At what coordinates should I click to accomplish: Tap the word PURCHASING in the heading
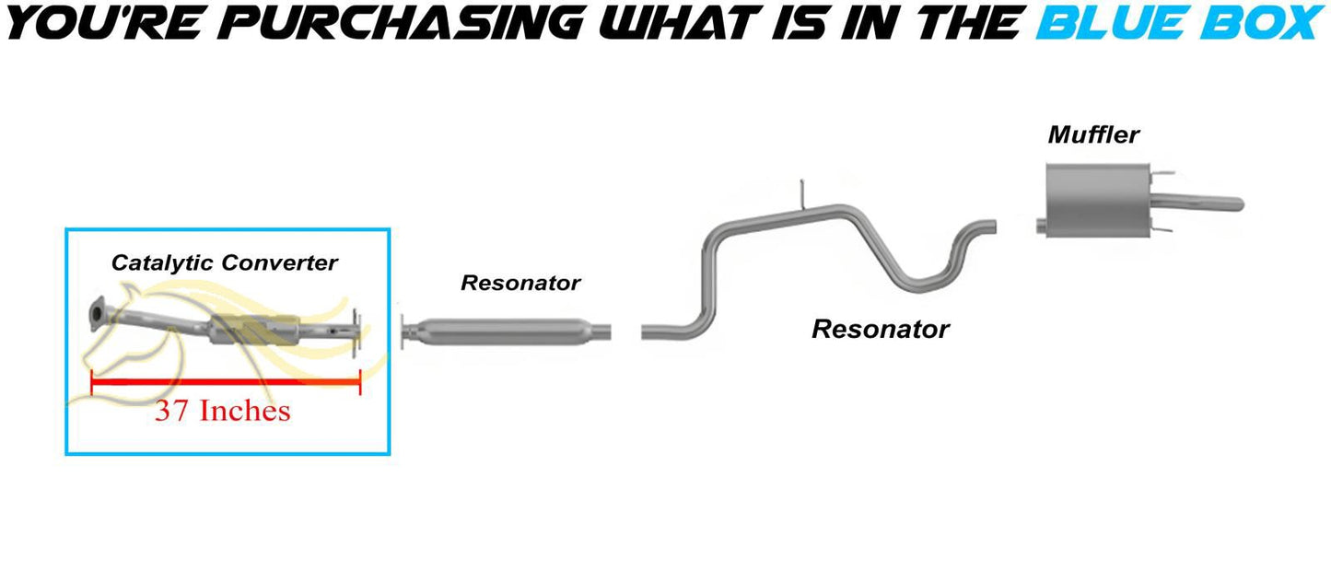click(403, 23)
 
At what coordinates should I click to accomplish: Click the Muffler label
click(1093, 134)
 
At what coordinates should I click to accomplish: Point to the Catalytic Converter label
click(224, 262)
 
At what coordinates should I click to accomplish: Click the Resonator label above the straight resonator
click(520, 283)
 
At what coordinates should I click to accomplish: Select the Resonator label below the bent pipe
click(880, 329)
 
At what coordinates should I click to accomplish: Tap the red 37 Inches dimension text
click(223, 411)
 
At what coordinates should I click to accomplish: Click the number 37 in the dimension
click(171, 411)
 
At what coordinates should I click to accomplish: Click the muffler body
click(1097, 201)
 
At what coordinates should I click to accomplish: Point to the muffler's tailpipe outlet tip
click(1239, 204)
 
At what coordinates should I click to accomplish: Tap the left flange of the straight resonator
click(403, 332)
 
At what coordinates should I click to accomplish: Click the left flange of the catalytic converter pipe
click(97, 313)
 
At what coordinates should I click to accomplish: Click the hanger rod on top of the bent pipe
click(801, 194)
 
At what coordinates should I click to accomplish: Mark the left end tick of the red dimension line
click(91, 382)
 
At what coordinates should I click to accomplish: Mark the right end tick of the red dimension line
click(360, 382)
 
